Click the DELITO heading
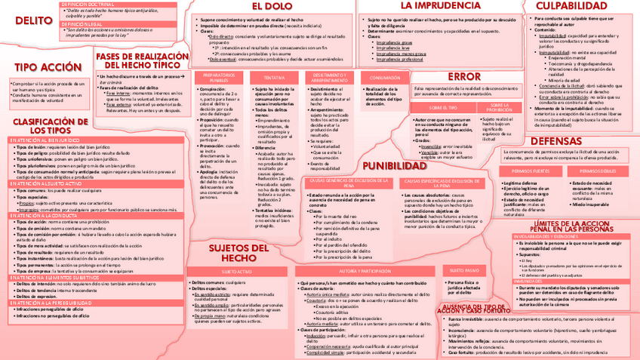(27, 20)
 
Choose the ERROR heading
(463, 76)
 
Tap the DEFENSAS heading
(562, 141)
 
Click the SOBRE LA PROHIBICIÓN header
(500, 108)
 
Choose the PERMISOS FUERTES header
(531, 172)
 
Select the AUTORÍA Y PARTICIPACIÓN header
(365, 270)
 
